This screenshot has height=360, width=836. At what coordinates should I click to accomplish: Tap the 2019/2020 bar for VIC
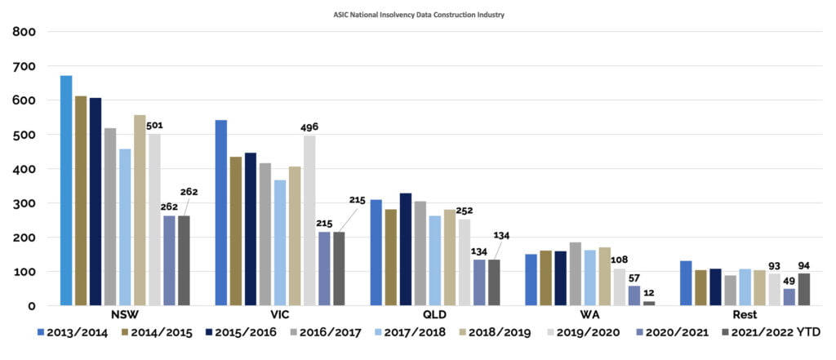(309, 220)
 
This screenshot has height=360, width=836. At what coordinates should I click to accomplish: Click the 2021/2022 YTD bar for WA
(649, 303)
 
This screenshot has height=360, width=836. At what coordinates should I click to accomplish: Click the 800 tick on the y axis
(24, 32)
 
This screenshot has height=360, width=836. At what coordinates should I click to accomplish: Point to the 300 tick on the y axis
(24, 203)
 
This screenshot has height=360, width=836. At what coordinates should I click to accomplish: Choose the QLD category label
(435, 314)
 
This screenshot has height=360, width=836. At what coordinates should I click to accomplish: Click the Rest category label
(744, 314)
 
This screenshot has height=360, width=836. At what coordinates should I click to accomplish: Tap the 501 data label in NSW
(156, 125)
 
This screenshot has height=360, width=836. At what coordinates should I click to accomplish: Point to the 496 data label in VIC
(309, 127)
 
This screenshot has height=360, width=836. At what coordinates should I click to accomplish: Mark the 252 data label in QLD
(465, 211)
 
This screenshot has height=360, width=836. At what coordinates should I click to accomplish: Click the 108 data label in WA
(619, 260)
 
